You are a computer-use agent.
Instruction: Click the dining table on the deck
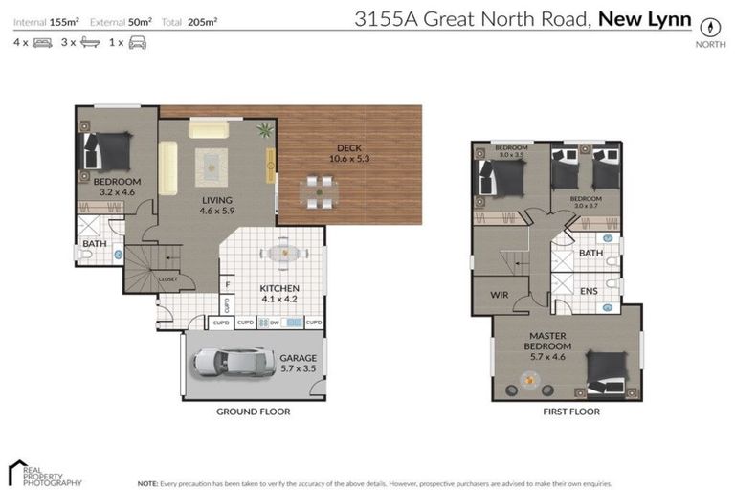pyautogui.click(x=315, y=191)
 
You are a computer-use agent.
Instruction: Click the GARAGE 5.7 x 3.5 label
pyautogui.click(x=298, y=364)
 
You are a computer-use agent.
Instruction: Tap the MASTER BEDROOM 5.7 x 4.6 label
pyautogui.click(x=549, y=342)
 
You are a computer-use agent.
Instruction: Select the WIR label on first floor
pyautogui.click(x=498, y=295)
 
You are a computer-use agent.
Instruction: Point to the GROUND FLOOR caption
pyautogui.click(x=254, y=412)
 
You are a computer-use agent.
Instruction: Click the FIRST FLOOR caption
pyautogui.click(x=570, y=412)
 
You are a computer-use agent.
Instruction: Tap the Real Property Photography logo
pyautogui.click(x=44, y=474)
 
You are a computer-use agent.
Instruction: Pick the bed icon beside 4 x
pyautogui.click(x=42, y=43)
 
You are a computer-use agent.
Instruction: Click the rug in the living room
pyautogui.click(x=212, y=167)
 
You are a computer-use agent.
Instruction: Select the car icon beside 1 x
pyautogui.click(x=137, y=43)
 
